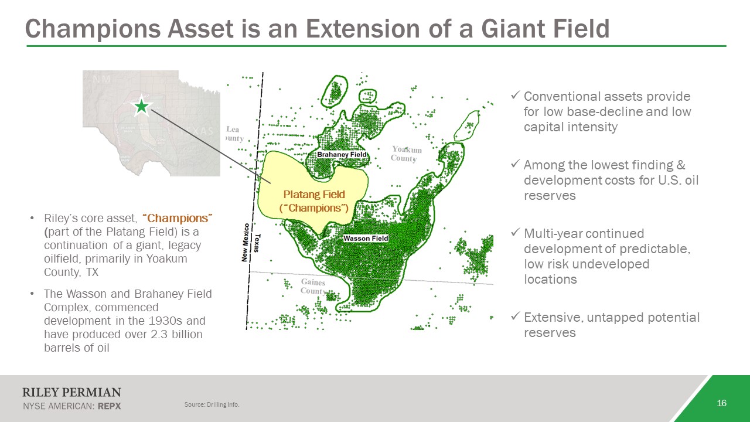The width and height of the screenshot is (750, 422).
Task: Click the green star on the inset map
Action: tap(142, 107)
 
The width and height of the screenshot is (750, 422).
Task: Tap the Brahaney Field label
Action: tap(342, 154)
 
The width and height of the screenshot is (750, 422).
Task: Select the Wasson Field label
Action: tap(366, 238)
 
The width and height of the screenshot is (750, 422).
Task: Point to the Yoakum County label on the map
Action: tap(407, 154)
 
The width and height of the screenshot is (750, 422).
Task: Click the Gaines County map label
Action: tap(313, 287)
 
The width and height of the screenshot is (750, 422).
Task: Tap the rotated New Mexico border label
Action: tap(245, 242)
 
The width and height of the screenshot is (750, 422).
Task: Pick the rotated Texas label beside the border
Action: tap(257, 243)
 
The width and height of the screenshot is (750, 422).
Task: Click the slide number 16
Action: tap(721, 403)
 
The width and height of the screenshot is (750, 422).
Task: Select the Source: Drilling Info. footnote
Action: tap(212, 404)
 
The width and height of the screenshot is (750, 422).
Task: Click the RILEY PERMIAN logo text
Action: tap(71, 392)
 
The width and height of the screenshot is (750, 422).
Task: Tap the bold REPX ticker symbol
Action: tap(109, 406)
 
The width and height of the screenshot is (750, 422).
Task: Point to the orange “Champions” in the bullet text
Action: tap(178, 218)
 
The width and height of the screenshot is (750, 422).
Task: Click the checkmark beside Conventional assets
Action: tap(516, 96)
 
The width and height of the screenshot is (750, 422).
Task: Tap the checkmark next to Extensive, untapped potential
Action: tap(516, 316)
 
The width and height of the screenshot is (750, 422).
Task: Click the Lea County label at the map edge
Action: tap(234, 134)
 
